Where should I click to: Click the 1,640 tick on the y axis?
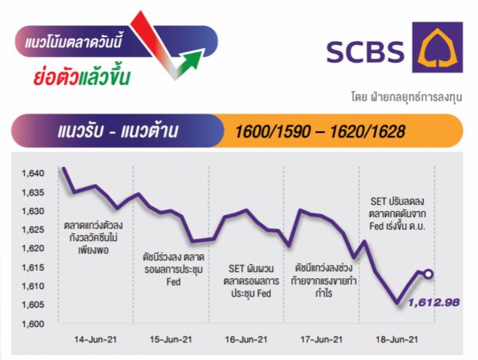click(33, 173)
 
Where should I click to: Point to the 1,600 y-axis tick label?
click(33, 324)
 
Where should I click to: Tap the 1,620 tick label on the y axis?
click(33, 248)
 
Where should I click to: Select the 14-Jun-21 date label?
click(96, 339)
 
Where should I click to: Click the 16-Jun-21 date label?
click(246, 339)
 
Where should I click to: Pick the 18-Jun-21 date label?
click(397, 339)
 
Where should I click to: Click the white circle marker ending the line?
click(429, 274)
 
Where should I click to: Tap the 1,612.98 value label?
click(434, 302)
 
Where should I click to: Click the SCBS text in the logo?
click(365, 51)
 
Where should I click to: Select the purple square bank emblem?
click(437, 47)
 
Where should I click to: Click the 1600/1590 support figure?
click(273, 131)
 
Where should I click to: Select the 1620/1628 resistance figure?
click(368, 131)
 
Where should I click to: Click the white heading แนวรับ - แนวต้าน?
click(117, 131)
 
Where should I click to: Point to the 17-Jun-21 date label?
click(321, 339)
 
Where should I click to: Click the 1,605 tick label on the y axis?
click(33, 304)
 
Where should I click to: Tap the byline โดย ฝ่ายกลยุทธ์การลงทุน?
click(407, 97)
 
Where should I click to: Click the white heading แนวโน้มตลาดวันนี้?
click(73, 41)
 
